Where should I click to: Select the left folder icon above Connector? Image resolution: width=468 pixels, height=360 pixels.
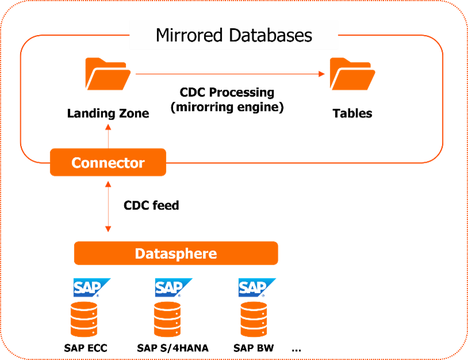pos(108,74)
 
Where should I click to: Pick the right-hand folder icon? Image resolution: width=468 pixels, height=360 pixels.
pos(352,74)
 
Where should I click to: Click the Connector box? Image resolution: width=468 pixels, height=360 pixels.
pos(108,163)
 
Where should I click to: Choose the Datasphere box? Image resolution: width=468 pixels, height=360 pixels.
pos(176,253)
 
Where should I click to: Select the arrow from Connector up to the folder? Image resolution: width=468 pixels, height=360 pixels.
pos(108,135)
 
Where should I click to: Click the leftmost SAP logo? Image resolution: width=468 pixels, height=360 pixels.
pos(90,287)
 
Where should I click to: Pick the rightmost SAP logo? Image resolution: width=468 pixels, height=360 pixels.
pos(256,287)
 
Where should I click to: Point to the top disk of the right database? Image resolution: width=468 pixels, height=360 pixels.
pos(254,307)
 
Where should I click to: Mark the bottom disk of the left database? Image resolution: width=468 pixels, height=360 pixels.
pos(84,332)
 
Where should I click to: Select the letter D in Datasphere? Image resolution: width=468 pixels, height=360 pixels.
pos(139,253)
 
